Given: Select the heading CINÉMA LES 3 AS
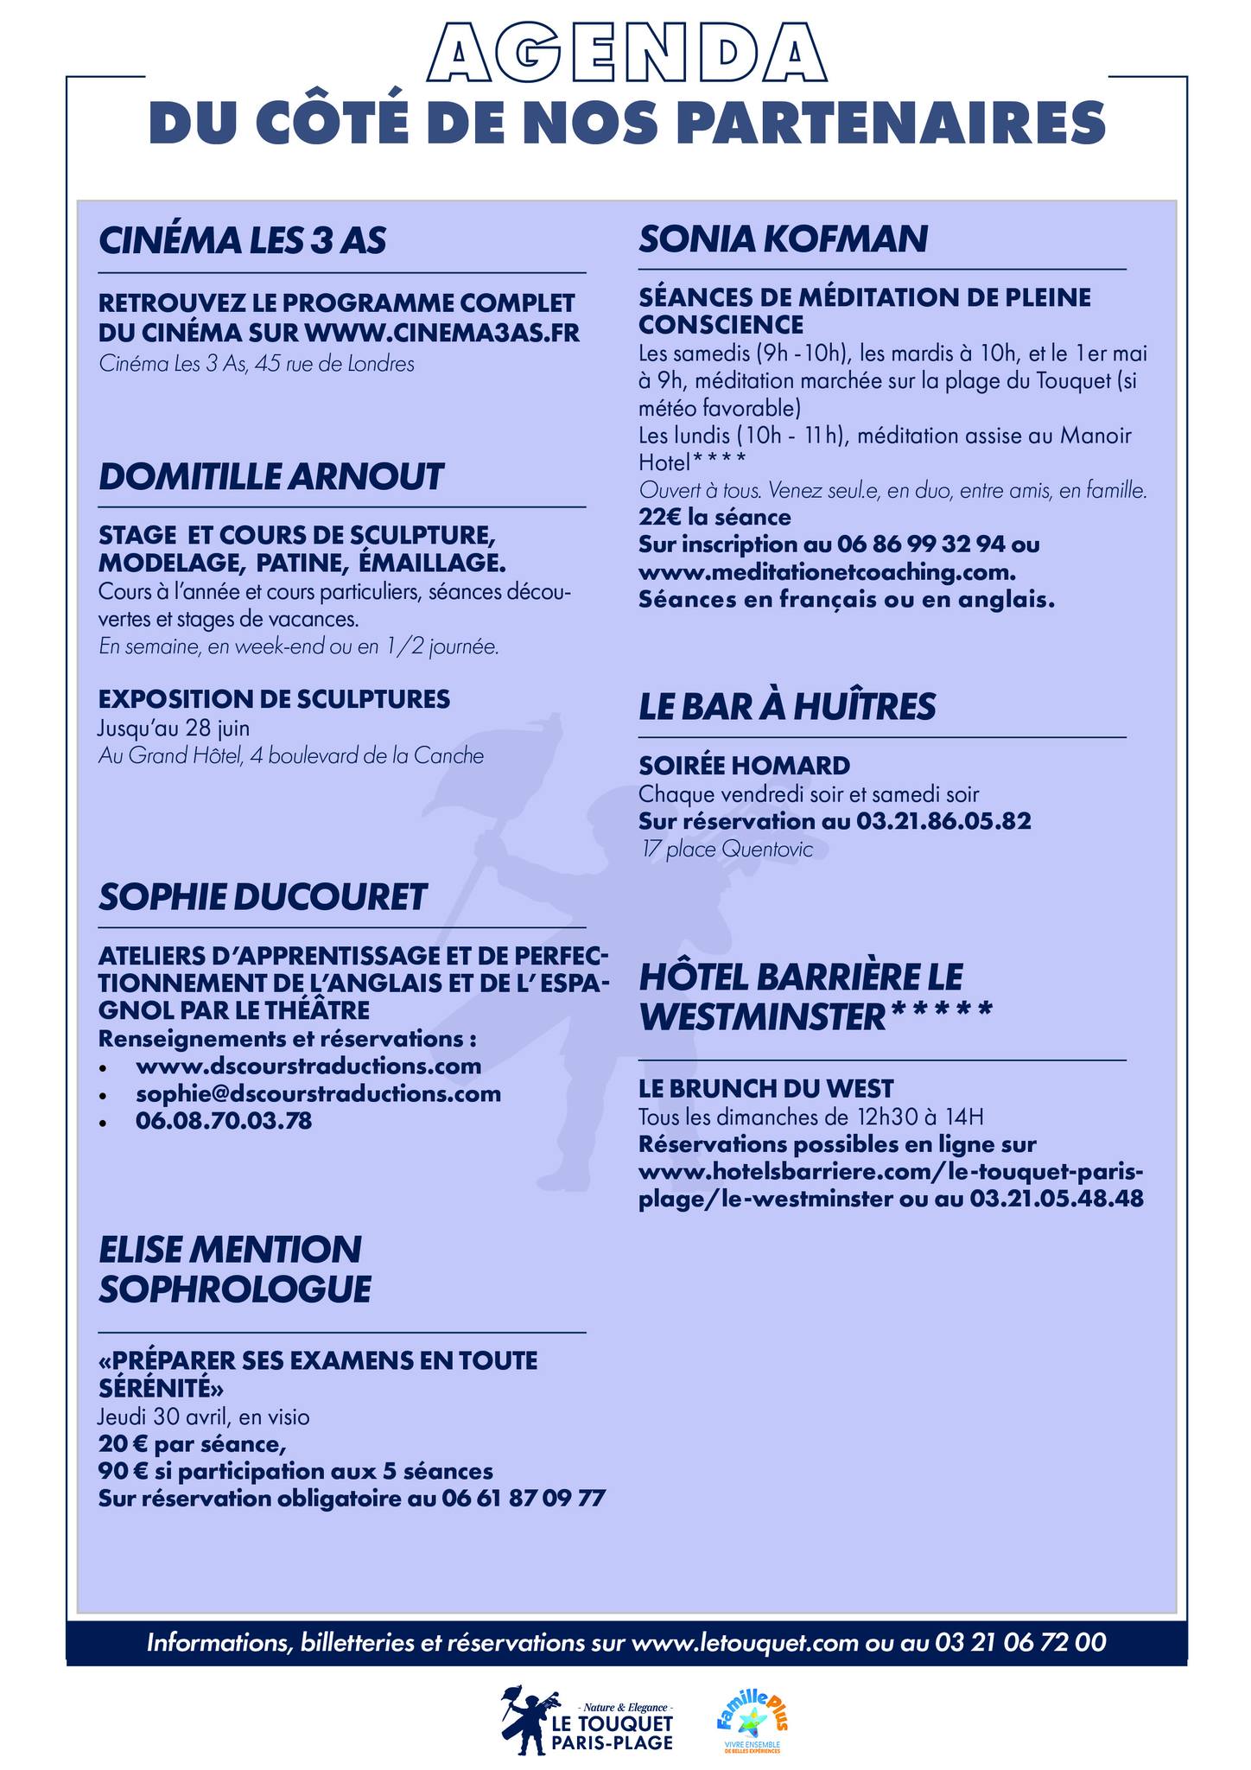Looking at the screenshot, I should (x=242, y=240).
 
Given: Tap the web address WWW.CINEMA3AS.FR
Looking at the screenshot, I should (x=442, y=332).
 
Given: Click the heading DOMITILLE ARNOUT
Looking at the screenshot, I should (x=270, y=476).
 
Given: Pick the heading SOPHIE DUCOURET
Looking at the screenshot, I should (x=263, y=897).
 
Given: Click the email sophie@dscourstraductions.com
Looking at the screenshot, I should (x=318, y=1093).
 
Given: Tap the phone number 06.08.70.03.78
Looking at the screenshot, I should (x=224, y=1121).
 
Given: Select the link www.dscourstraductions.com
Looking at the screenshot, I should (x=308, y=1066).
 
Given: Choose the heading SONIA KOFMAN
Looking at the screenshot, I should (x=783, y=239).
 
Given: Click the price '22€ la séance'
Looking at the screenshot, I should (x=714, y=518).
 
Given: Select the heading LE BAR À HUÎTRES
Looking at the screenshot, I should (x=787, y=707).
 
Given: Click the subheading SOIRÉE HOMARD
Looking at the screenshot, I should (x=744, y=765).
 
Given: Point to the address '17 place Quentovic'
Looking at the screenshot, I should (x=727, y=850).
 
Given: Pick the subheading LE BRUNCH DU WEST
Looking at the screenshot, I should (x=766, y=1088).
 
